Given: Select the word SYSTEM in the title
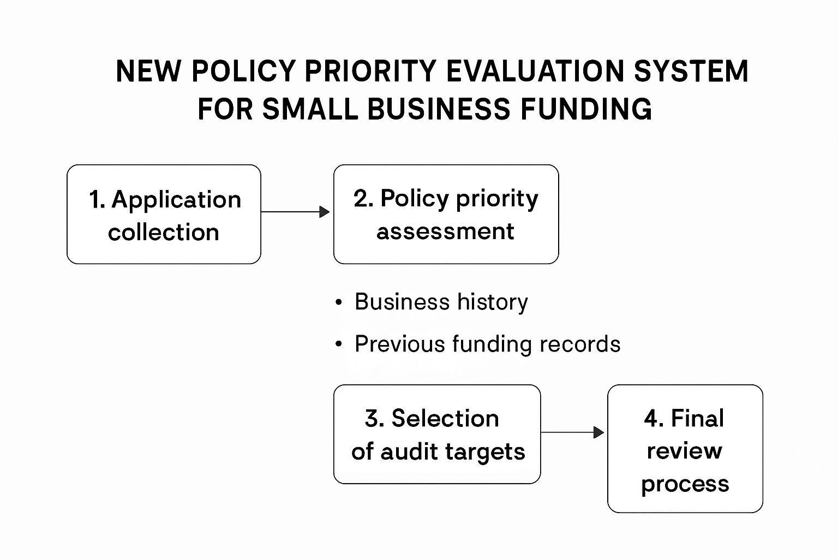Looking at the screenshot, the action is click(x=691, y=71).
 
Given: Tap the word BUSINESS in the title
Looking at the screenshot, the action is click(x=439, y=109).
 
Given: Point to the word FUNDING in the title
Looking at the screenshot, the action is click(x=586, y=109).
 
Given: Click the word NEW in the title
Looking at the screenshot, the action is click(x=148, y=71).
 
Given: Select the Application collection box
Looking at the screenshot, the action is click(x=164, y=214).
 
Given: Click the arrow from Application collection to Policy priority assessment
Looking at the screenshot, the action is click(x=295, y=212).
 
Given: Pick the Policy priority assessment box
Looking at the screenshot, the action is click(x=446, y=214).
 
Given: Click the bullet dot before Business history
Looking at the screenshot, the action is click(x=339, y=302).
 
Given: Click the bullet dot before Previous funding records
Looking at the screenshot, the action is click(x=339, y=344).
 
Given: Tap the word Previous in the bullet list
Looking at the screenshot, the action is click(x=400, y=344).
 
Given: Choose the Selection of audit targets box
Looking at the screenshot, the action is click(x=437, y=435).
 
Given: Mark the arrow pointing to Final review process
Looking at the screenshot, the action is click(x=572, y=432).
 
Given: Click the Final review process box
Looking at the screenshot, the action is click(x=685, y=449).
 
